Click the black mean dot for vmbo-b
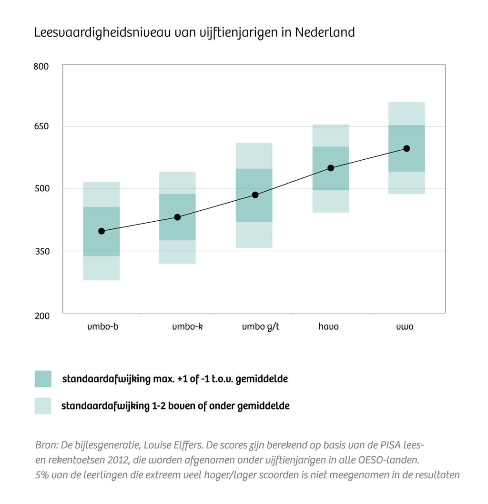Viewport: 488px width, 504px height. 101,231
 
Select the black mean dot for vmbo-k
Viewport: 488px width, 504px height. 177,217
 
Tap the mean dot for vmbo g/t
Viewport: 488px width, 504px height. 255,195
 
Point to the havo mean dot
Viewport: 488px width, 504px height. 331,168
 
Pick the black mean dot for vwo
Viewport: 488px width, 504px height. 407,148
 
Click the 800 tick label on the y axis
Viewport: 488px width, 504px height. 41,66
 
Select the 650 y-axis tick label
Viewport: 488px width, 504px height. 41,127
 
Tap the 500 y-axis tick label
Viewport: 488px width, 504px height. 41,189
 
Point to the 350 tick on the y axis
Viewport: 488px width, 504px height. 41,251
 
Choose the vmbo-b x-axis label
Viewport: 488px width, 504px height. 102,327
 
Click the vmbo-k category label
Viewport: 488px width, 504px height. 183,327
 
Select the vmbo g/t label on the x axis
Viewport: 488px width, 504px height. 261,328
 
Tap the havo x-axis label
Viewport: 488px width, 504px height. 328,327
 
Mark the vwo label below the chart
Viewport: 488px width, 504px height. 405,327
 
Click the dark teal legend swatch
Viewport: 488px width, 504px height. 43,379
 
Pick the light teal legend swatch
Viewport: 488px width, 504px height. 43,406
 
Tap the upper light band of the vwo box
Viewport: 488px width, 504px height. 407,113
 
